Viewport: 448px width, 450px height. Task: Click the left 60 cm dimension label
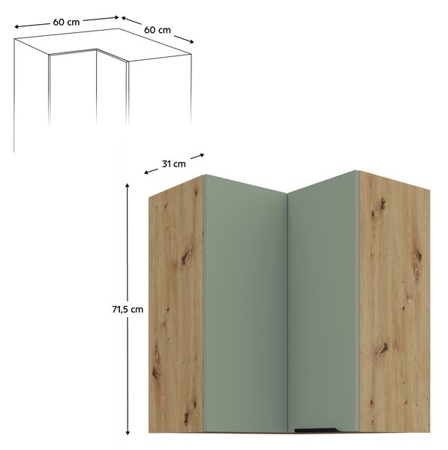(66, 22)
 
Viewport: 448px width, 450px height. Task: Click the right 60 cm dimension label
(158, 30)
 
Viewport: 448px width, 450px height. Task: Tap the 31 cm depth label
(174, 163)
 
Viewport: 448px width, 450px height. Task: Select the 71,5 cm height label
(128, 310)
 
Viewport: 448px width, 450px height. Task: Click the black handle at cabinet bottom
(317, 438)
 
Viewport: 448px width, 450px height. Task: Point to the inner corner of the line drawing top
(97, 49)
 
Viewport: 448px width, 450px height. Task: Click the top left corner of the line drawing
(14, 39)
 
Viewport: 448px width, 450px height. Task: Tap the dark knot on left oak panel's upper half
(186, 255)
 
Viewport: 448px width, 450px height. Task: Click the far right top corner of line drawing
(191, 54)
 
